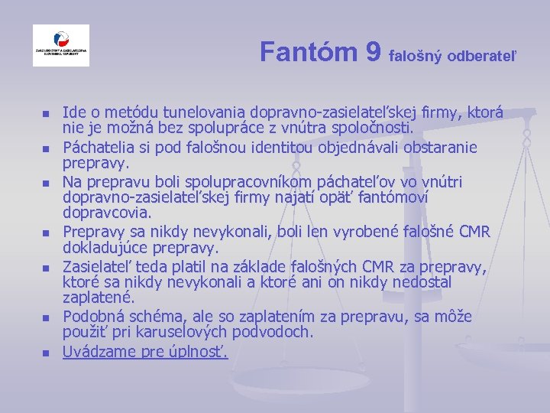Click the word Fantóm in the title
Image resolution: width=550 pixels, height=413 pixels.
[x=309, y=52]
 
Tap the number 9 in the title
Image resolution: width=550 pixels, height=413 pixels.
[x=374, y=52]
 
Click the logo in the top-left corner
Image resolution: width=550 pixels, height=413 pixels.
[x=61, y=46]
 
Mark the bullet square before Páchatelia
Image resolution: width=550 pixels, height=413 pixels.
[x=45, y=148]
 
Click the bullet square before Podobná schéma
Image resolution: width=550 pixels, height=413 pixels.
[x=45, y=317]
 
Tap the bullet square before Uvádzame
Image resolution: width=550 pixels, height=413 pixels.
[x=45, y=353]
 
